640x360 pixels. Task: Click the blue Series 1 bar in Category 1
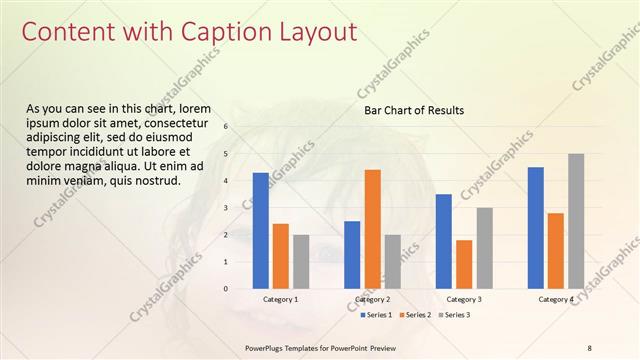tap(260, 230)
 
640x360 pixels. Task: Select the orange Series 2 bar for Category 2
tap(372, 229)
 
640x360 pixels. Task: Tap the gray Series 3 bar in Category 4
tap(575, 221)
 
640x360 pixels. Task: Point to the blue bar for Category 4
tap(535, 227)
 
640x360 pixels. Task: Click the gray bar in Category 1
tap(301, 261)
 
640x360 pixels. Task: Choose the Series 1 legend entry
tap(375, 315)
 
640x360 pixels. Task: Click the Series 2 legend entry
tap(414, 315)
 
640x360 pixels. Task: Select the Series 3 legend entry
tap(453, 315)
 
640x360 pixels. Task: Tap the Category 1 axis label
tap(280, 299)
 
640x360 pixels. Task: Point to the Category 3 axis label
tap(464, 299)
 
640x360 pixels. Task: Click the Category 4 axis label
tap(556, 299)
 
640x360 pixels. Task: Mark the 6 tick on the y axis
tap(227, 127)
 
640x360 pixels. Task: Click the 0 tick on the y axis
tap(227, 289)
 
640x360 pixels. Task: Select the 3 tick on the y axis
tap(227, 208)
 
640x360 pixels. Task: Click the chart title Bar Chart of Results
tap(413, 110)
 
